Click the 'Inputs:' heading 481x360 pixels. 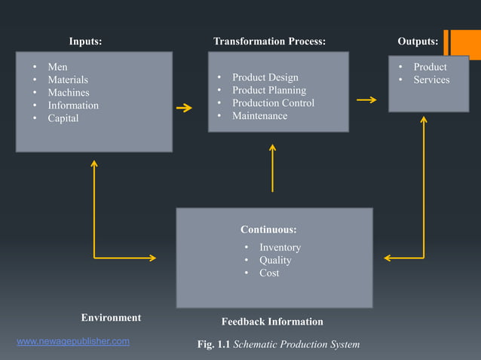point(85,41)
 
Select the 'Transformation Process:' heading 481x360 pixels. point(269,41)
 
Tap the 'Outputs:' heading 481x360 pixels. point(418,41)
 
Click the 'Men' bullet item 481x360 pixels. point(57,67)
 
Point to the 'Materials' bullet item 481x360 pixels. point(68,80)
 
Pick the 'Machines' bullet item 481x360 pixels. point(69,93)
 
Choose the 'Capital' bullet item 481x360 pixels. point(63,118)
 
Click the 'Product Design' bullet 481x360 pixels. point(265,78)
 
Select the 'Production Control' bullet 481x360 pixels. point(273,103)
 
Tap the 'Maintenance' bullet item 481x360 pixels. point(259,116)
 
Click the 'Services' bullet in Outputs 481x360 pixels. point(431,80)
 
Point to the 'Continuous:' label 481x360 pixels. point(268,229)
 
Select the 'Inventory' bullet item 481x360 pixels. point(280,248)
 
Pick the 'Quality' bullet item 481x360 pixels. point(275,261)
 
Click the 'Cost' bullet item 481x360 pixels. point(269,273)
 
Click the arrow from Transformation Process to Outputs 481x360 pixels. point(366,99)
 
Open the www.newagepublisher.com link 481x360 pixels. point(73,341)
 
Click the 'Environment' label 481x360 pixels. point(111,318)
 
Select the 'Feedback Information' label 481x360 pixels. point(272,322)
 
